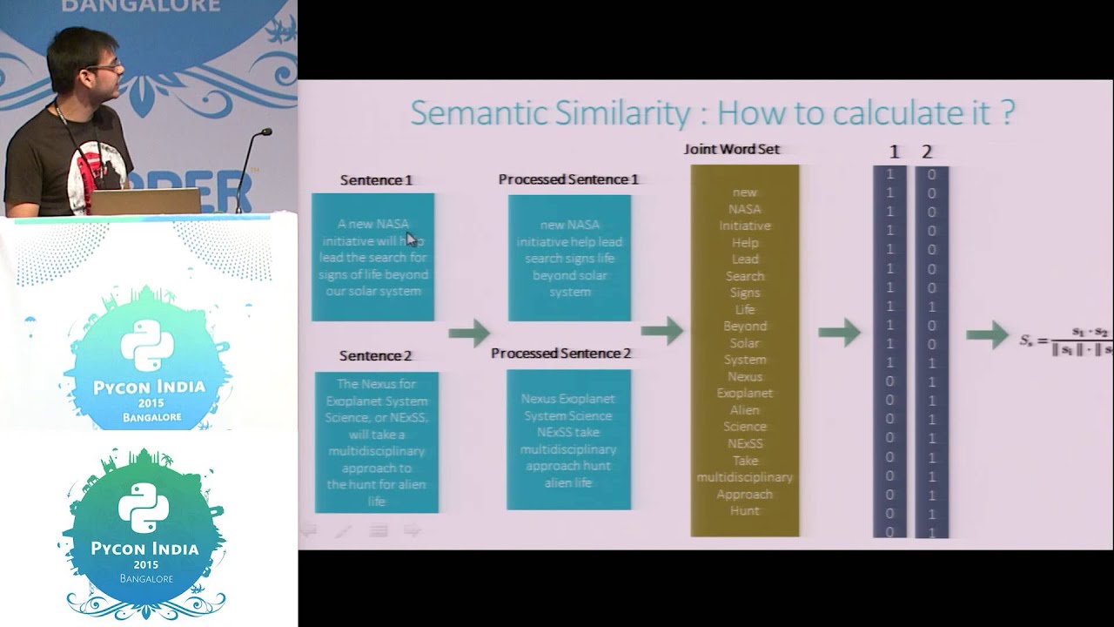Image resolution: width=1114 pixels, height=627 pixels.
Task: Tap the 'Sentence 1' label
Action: point(376,180)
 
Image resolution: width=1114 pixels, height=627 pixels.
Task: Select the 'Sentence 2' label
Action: point(375,355)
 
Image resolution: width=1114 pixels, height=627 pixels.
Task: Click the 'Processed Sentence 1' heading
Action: point(568,179)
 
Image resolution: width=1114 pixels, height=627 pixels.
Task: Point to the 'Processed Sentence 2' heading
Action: point(560,354)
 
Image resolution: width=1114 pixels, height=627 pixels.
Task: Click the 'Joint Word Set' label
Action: point(732,149)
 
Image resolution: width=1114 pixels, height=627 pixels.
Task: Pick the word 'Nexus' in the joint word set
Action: point(745,376)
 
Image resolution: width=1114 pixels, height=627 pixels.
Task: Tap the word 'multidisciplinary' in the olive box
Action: point(745,477)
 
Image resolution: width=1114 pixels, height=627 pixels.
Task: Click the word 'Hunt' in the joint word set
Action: point(745,511)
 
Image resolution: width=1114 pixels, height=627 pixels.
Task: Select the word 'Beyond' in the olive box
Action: point(745,326)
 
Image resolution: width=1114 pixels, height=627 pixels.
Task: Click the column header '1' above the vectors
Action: point(894,152)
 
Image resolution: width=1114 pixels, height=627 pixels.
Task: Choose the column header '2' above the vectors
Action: point(927,152)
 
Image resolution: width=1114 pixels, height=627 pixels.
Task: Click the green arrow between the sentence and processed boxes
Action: point(469,332)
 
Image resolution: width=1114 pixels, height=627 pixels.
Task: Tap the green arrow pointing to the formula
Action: point(987,334)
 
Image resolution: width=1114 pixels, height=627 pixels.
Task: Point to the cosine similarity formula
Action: point(1066,340)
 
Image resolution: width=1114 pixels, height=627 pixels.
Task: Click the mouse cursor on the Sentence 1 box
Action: point(412,239)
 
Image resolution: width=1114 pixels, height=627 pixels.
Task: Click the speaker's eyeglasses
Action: point(110,65)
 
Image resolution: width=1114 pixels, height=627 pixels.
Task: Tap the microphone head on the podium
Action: point(265,132)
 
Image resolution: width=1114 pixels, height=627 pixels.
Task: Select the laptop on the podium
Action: point(145,201)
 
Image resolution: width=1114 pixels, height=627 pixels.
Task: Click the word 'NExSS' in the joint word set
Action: point(745,443)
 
